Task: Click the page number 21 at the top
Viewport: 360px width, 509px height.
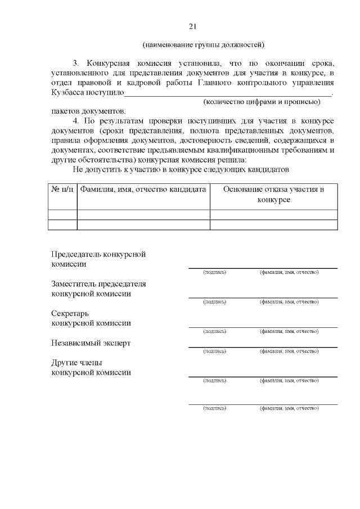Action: [x=193, y=26]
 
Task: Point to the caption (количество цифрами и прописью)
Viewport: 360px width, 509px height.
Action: [x=261, y=102]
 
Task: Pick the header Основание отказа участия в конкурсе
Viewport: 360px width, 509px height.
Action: [x=273, y=195]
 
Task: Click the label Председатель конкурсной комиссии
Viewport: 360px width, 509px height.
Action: [x=98, y=259]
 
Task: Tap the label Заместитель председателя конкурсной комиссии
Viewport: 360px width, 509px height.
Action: [x=98, y=288]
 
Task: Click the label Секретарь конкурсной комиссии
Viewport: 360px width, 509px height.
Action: [x=91, y=318]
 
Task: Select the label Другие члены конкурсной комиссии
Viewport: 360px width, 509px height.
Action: [x=91, y=367]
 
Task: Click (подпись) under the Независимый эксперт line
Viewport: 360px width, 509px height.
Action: [x=215, y=351]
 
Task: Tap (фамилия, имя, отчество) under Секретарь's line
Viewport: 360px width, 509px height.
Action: [x=289, y=332]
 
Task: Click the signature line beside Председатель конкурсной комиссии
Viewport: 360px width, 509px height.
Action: [x=263, y=267]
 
